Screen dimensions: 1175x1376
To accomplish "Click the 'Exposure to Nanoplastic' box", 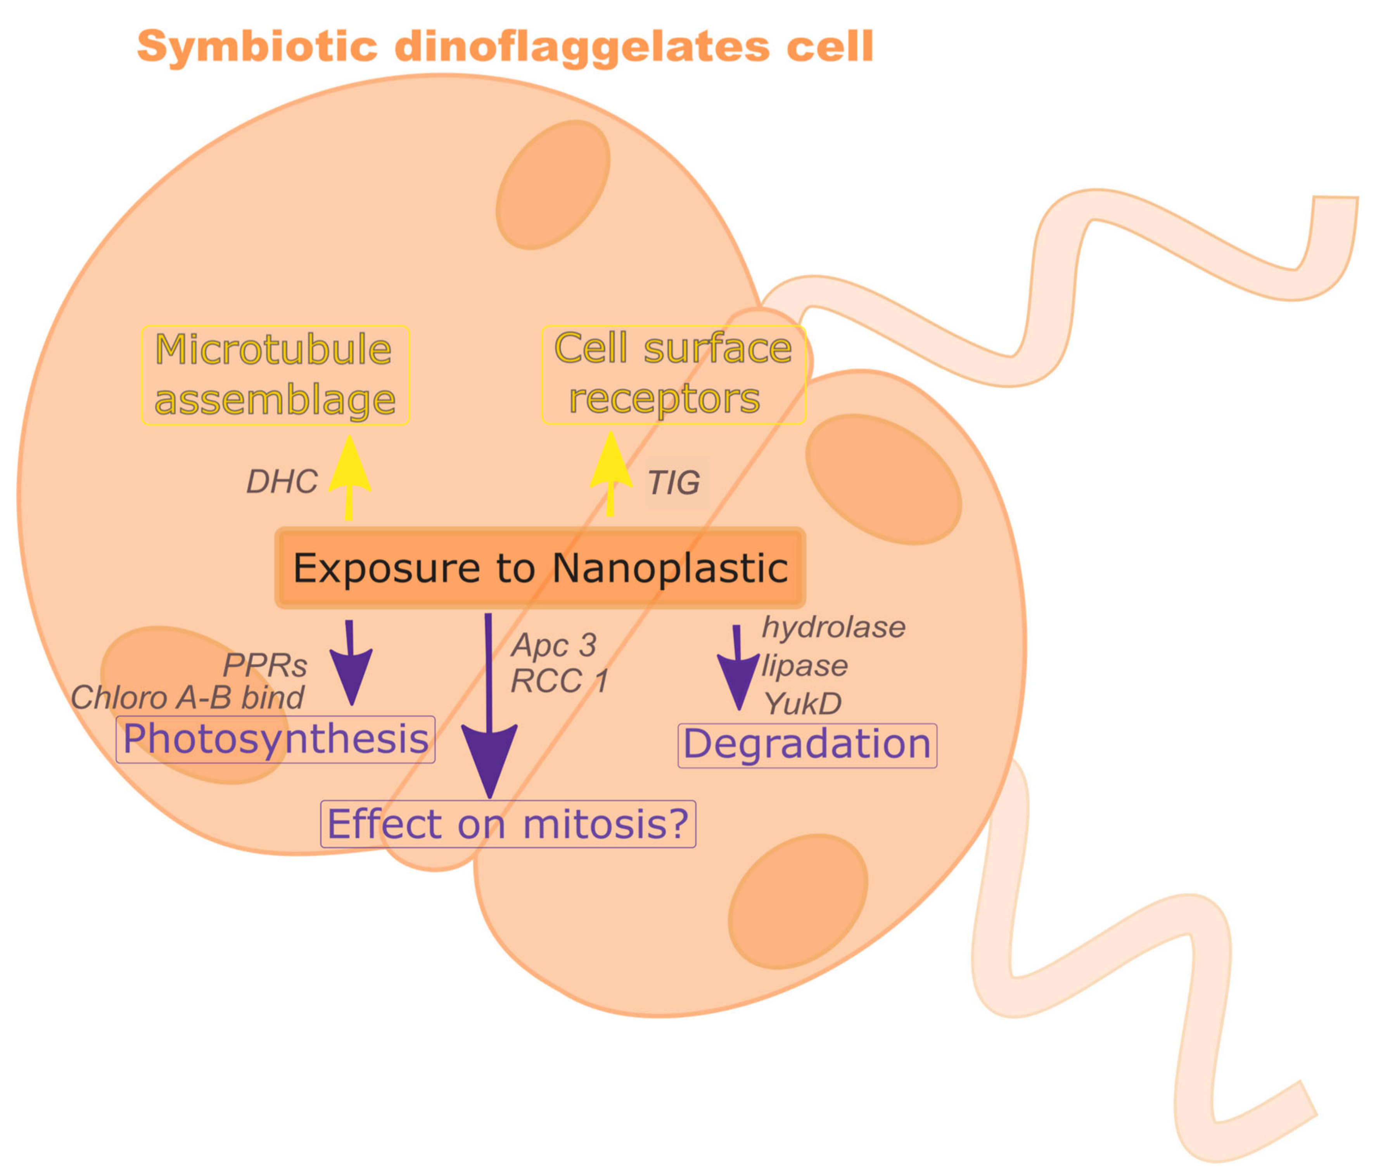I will [x=540, y=568].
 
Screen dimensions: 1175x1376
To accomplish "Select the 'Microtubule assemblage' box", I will [x=275, y=375].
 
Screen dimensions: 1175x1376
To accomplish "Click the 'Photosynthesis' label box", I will [x=275, y=739].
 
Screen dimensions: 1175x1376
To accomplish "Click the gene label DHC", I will [x=282, y=482].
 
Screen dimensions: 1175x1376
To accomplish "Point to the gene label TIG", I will [x=673, y=483].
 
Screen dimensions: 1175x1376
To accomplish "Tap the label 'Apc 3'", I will [x=553, y=645].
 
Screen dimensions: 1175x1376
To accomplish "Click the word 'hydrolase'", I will [x=833, y=627].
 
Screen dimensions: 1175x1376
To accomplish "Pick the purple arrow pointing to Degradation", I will [x=738, y=671].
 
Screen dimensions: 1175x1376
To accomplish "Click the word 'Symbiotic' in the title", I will [x=257, y=47].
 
